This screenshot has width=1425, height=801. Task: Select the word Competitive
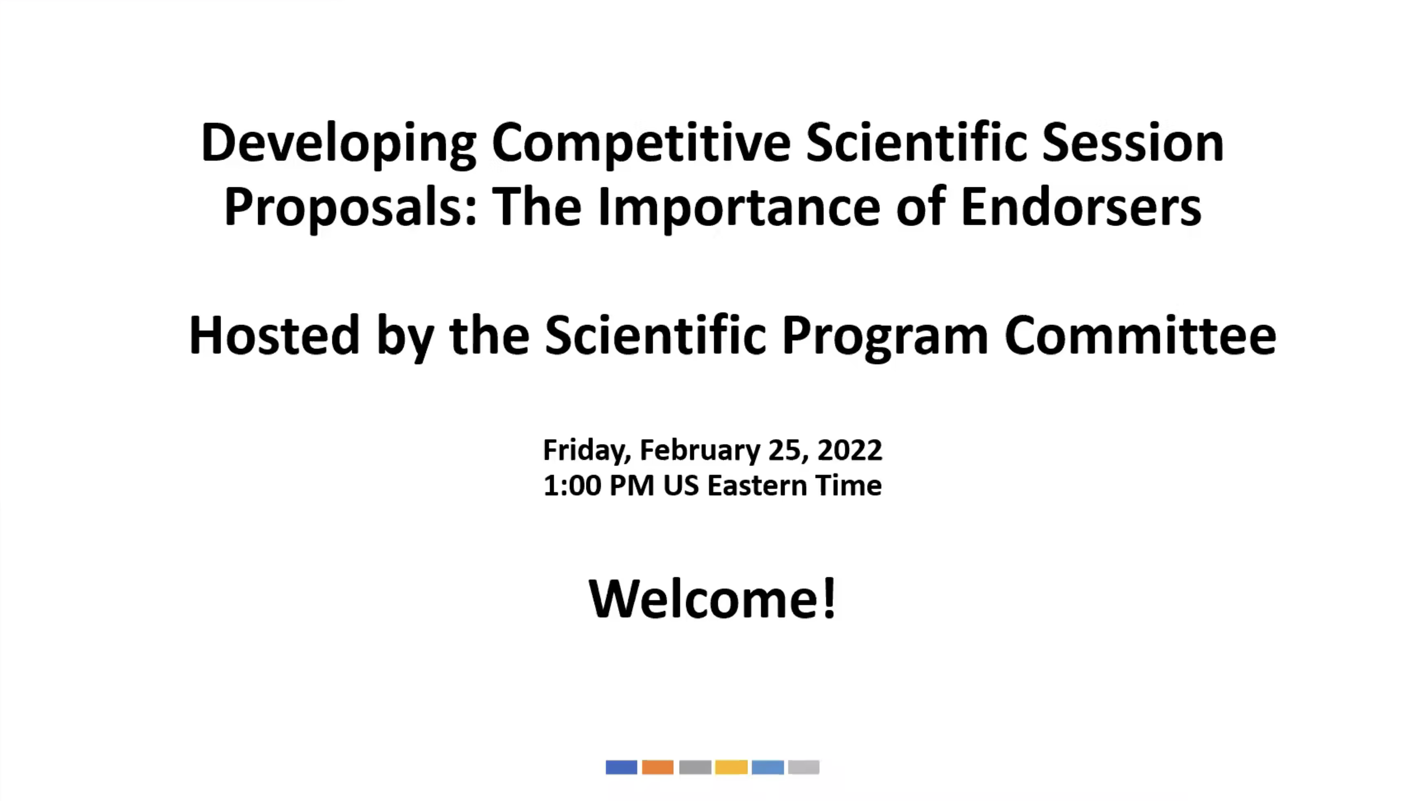tap(640, 144)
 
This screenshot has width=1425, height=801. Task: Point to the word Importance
tap(738, 208)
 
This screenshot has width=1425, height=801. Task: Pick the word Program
tap(884, 336)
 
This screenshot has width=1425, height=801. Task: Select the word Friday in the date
tap(586, 450)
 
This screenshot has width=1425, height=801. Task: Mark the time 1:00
tap(572, 486)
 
